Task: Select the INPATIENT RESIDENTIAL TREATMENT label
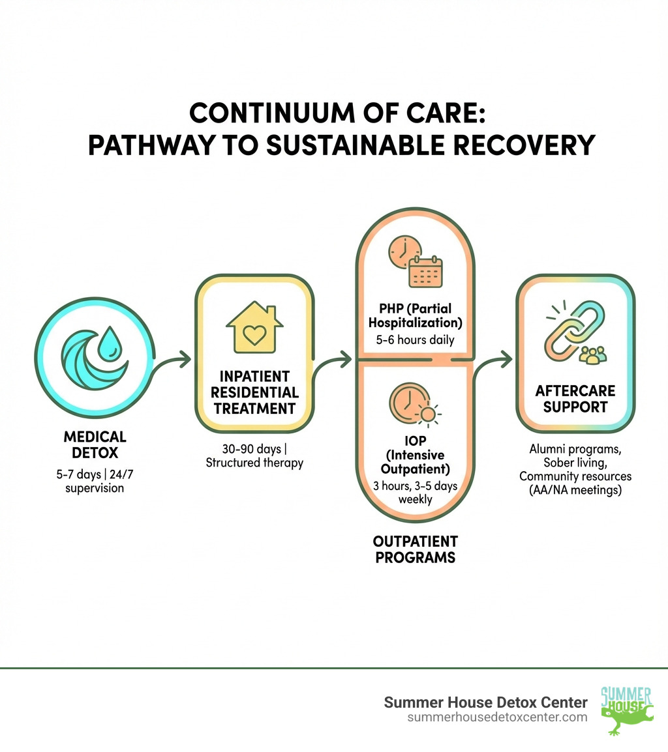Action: [x=254, y=392]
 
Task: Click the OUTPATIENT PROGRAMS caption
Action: [x=415, y=549]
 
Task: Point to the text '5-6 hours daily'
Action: [x=415, y=340]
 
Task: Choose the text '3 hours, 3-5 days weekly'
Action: [x=415, y=493]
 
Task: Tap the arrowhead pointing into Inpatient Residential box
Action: [x=186, y=358]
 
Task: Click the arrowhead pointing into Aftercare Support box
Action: [x=506, y=358]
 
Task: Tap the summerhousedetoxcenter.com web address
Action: [x=497, y=717]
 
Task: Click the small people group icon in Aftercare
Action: [x=592, y=354]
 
